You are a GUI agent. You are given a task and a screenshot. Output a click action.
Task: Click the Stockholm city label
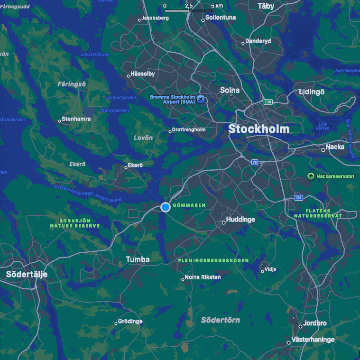click(x=258, y=129)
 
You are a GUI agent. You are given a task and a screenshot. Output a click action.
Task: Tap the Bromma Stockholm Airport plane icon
click(x=201, y=99)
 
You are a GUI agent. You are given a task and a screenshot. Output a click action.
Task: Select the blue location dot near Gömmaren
click(x=165, y=207)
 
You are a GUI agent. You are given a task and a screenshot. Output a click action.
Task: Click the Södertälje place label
click(x=27, y=274)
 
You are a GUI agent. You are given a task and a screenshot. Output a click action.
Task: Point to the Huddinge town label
click(x=240, y=220)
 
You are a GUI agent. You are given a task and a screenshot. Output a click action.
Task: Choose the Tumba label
click(x=138, y=259)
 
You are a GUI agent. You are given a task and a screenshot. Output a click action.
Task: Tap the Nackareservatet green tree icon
click(x=311, y=176)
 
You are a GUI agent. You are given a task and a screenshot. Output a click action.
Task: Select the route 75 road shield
click(x=255, y=162)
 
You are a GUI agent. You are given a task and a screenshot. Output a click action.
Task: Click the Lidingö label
click(x=312, y=92)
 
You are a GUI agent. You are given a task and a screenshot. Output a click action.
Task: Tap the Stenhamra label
click(x=76, y=119)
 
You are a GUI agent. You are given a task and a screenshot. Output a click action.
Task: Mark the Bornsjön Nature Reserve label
click(x=75, y=223)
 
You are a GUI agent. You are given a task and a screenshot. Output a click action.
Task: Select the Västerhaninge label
click(x=313, y=340)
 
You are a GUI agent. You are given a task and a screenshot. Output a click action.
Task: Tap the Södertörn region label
click(x=220, y=320)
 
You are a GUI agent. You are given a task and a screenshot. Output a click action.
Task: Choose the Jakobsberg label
click(x=155, y=18)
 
